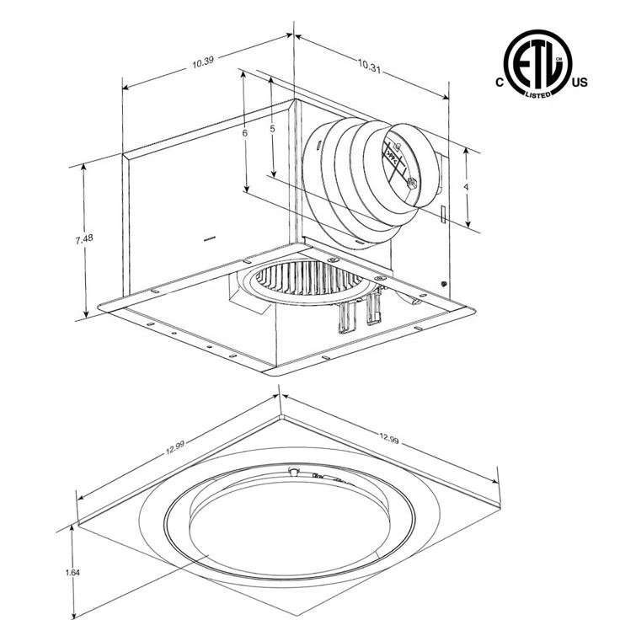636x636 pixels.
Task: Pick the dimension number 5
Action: (x=272, y=129)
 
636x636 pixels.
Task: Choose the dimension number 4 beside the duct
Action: (x=466, y=186)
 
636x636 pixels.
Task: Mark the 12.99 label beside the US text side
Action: (x=388, y=438)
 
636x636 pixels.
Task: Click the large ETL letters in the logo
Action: (x=537, y=63)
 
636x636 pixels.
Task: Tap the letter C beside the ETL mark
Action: (x=500, y=83)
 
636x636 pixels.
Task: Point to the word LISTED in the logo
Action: (x=537, y=94)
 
